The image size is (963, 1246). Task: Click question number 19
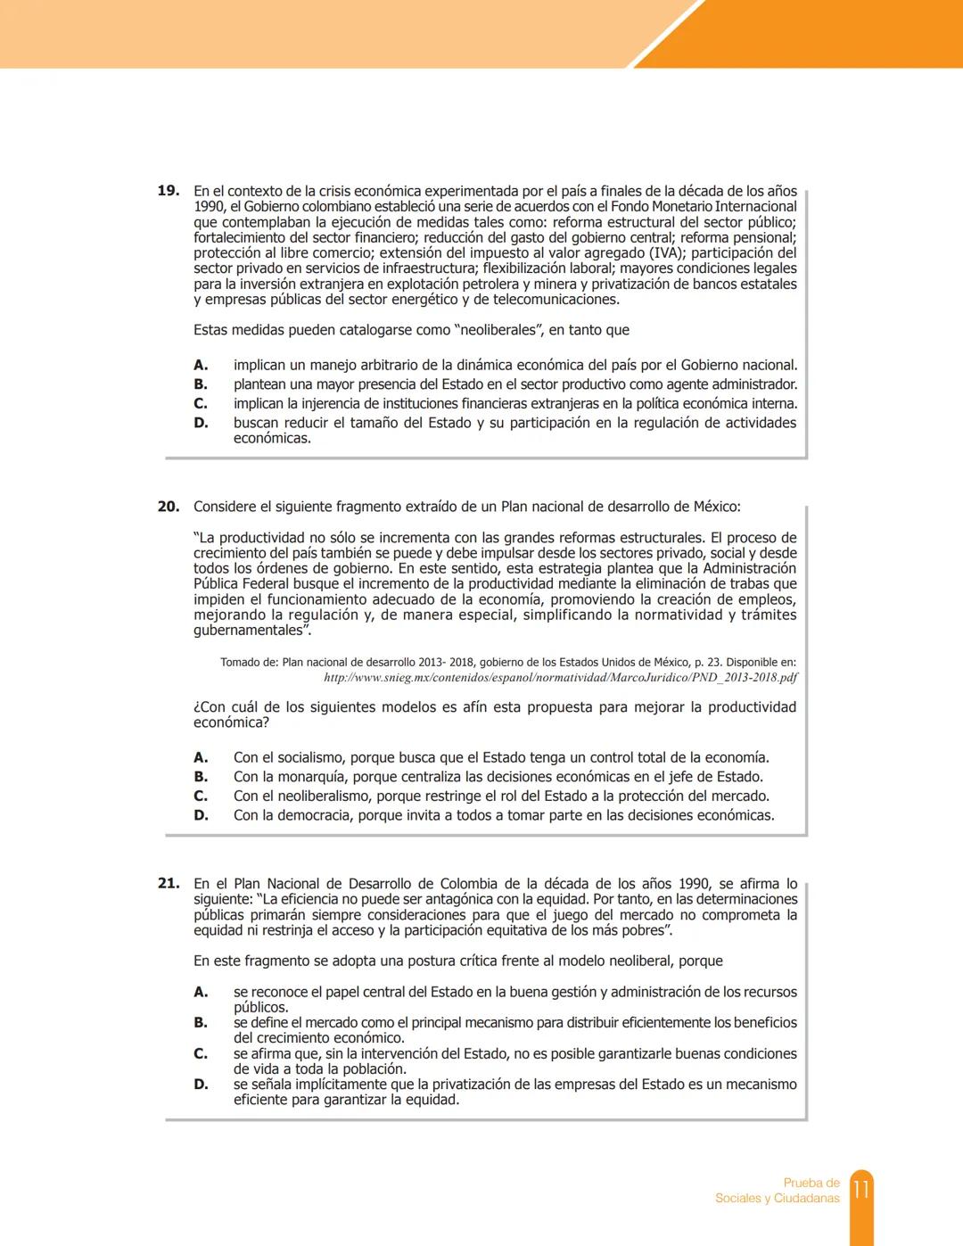point(168,191)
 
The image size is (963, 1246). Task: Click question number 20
point(168,507)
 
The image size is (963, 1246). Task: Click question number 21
point(168,884)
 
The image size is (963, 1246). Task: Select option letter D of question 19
point(201,423)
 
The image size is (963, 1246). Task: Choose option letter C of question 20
point(201,796)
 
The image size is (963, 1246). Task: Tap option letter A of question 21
point(201,992)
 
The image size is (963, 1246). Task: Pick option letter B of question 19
point(201,384)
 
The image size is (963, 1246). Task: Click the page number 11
point(861,1190)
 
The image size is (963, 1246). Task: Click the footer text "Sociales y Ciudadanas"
point(777,1199)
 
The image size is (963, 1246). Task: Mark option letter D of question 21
point(201,1085)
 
